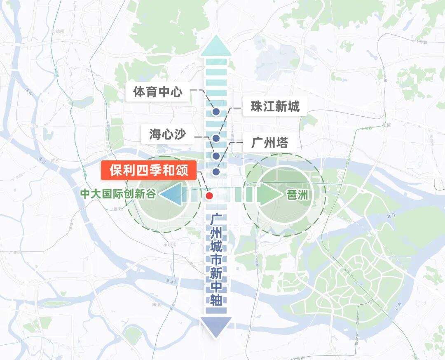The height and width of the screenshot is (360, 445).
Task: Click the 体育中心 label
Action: pyautogui.click(x=157, y=92)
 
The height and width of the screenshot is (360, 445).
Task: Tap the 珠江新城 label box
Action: pyautogui.click(x=275, y=107)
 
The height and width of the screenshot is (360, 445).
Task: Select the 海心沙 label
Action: pyautogui.click(x=167, y=134)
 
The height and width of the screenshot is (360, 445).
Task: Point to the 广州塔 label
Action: pyautogui.click(x=269, y=143)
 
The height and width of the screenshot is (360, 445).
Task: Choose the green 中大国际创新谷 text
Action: pyautogui.click(x=118, y=194)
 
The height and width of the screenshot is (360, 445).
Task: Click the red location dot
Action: pyautogui.click(x=209, y=195)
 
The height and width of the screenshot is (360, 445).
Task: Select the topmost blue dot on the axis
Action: pyautogui.click(x=216, y=111)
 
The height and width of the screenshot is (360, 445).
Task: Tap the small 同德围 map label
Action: pyautogui.click(x=58, y=31)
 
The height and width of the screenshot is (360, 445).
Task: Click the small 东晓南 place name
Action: pyautogui.click(x=169, y=245)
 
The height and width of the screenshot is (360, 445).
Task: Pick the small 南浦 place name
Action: pyautogui.click(x=156, y=304)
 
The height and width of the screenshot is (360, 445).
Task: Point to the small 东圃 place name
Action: pyautogui.click(x=386, y=125)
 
